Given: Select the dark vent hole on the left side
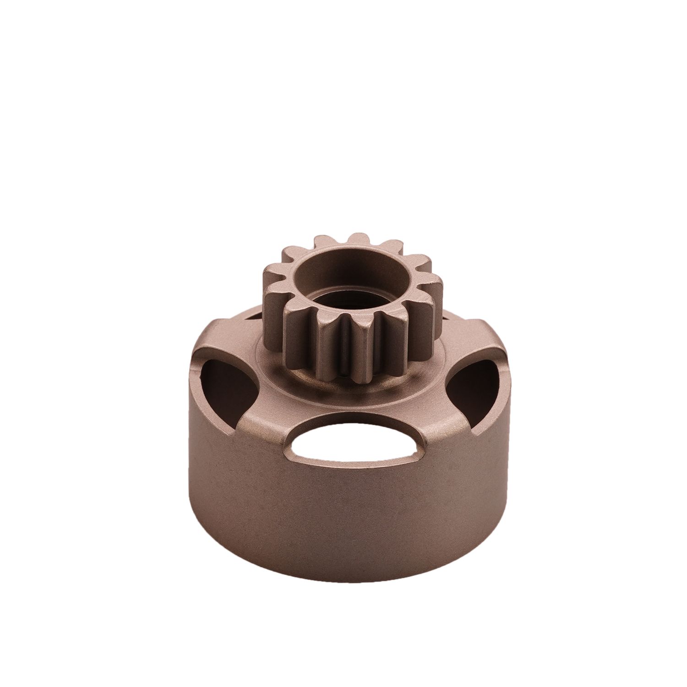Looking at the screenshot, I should click(227, 385).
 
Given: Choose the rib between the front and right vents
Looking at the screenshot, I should click(440, 421).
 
